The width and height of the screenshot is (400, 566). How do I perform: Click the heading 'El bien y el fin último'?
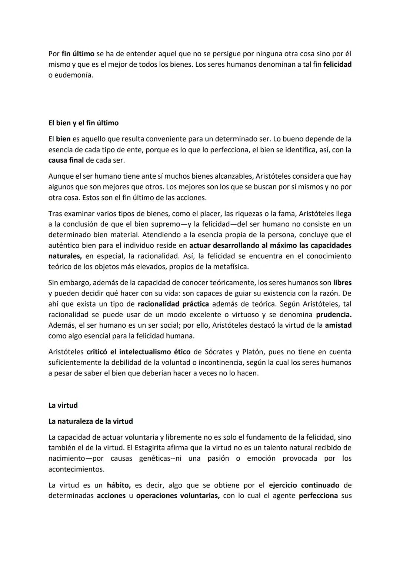[x=83, y=123]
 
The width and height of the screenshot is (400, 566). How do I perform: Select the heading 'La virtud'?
[x=63, y=405]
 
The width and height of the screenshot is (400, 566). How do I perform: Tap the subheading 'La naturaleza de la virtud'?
[x=90, y=421]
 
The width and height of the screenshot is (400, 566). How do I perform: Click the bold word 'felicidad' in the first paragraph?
[x=337, y=64]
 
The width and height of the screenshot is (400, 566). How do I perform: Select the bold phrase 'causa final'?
[x=66, y=160]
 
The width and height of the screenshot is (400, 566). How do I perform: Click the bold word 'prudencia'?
[x=333, y=315]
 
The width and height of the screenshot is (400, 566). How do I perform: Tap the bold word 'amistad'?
[x=338, y=325]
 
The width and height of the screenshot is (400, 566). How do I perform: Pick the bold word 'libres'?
[x=342, y=283]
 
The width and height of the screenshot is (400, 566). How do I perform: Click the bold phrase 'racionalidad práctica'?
[x=173, y=304]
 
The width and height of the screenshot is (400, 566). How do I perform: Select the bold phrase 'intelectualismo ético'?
[x=154, y=352]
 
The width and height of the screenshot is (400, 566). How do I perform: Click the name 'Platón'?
[x=256, y=352]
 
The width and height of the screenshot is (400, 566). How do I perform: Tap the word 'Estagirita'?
[x=153, y=448]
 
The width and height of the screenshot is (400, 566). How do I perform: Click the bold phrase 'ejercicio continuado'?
[x=304, y=485]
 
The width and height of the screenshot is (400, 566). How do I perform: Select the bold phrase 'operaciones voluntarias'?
[x=178, y=496]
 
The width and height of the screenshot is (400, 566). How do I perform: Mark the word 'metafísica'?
[x=230, y=267]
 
